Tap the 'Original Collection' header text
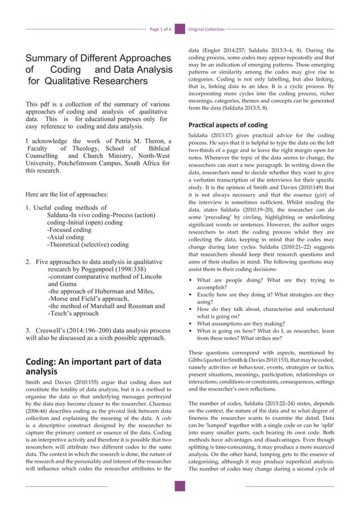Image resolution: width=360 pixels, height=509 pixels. [206, 29]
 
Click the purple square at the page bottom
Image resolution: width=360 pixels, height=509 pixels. [180, 486]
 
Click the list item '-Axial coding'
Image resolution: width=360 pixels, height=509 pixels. [66, 238]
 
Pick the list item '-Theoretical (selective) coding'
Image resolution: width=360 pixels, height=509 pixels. [89, 245]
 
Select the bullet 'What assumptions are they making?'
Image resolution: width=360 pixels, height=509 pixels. [241, 324]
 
